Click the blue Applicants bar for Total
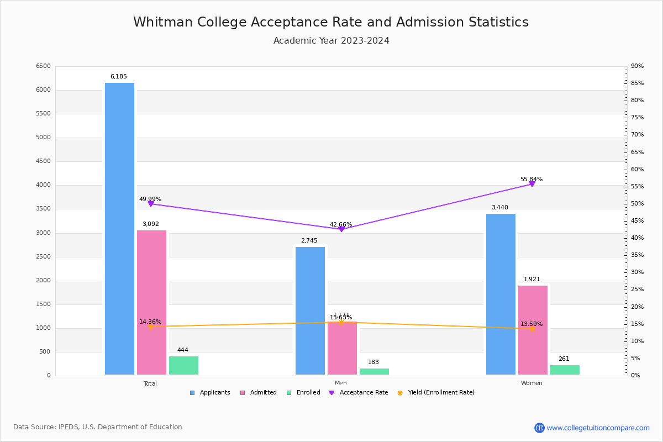pyautogui.click(x=119, y=229)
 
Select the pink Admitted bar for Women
pyautogui.click(x=533, y=330)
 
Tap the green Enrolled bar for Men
pyautogui.click(x=374, y=371)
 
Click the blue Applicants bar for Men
pyautogui.click(x=310, y=311)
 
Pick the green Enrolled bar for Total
pyautogui.click(x=183, y=365)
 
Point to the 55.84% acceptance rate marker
pyautogui.click(x=532, y=183)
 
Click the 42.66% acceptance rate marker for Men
pyautogui.click(x=341, y=229)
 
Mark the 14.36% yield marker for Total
pyautogui.click(x=150, y=327)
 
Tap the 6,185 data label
pyautogui.click(x=118, y=77)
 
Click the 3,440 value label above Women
pyautogui.click(x=499, y=208)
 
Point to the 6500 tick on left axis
pyautogui.click(x=43, y=66)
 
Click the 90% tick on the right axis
pyautogui.click(x=637, y=66)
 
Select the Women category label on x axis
pyautogui.click(x=532, y=383)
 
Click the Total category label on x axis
pyautogui.click(x=150, y=383)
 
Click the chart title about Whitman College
pyautogui.click(x=331, y=22)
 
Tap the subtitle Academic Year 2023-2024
pyautogui.click(x=331, y=41)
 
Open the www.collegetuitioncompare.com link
pyautogui.click(x=598, y=428)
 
